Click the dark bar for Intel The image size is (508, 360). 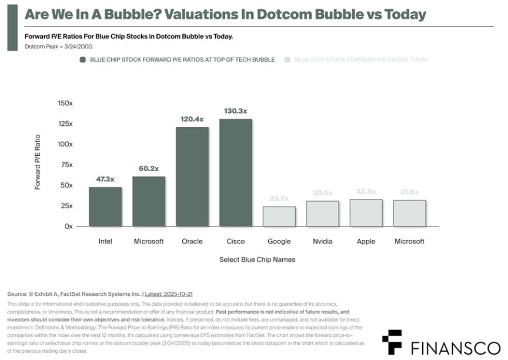click(x=105, y=206)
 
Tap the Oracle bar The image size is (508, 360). click(x=192, y=176)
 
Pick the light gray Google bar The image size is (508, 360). click(x=279, y=216)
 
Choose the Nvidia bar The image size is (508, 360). click(x=323, y=214)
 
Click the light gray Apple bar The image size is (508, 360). click(x=366, y=212)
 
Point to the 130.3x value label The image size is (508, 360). click(x=236, y=111)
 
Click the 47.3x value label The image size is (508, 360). click(x=105, y=179)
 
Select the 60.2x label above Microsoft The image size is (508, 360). click(x=149, y=168)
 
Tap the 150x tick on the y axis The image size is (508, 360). click(x=65, y=103)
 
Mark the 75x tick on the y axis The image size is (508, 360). click(x=66, y=165)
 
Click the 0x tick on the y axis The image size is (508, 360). click(x=68, y=226)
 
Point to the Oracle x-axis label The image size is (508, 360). click(x=192, y=241)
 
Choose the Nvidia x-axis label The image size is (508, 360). click(x=323, y=241)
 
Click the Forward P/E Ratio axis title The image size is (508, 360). click(x=38, y=162)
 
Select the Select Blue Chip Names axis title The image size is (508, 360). click(x=257, y=259)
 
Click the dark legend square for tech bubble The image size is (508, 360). click(x=83, y=59)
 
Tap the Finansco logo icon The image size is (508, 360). click(x=392, y=340)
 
